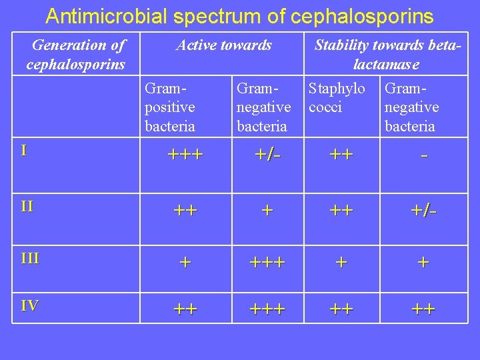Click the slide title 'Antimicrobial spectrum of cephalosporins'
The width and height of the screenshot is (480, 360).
239,16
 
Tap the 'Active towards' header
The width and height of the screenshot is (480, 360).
223,45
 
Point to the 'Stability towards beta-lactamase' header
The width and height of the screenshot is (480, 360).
387,55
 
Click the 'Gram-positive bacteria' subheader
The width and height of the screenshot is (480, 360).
170,107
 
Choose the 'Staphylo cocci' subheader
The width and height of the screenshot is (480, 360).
337,97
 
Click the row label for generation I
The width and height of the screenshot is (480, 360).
23,150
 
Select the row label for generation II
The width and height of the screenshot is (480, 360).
27,206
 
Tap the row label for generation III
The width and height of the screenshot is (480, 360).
30,258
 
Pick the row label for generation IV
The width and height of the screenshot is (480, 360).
29,305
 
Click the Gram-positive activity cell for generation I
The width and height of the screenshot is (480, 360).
185,155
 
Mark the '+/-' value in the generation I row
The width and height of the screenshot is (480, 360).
267,155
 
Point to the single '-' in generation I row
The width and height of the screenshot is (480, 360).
424,155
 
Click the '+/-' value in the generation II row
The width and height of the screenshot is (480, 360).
424,211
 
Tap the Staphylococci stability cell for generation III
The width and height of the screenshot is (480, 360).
341,262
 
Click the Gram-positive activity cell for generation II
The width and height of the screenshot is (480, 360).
185,211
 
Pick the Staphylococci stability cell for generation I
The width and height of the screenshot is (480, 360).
341,155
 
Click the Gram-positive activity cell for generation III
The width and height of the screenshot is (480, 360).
185,262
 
